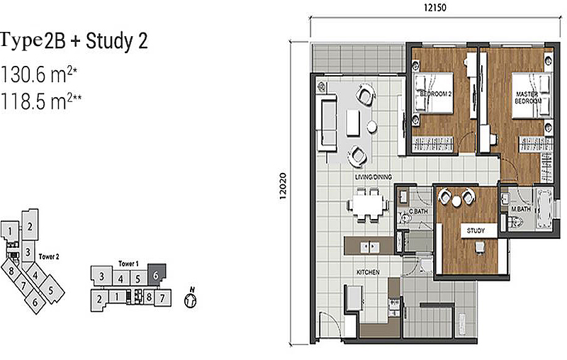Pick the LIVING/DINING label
374,177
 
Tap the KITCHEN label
369,272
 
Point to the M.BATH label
522,209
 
